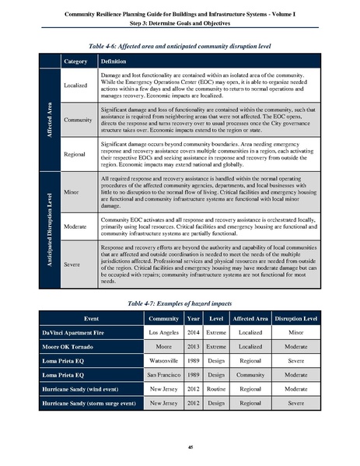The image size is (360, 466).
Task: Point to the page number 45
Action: (180, 444)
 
